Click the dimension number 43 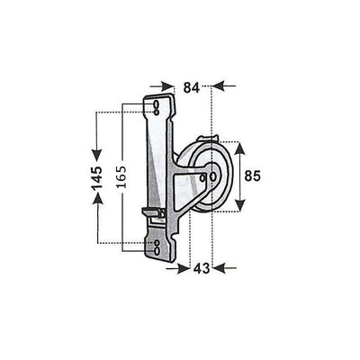tap(202, 268)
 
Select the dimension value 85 tap(253, 175)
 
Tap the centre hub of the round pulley tap(211, 176)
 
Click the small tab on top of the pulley tap(209, 140)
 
